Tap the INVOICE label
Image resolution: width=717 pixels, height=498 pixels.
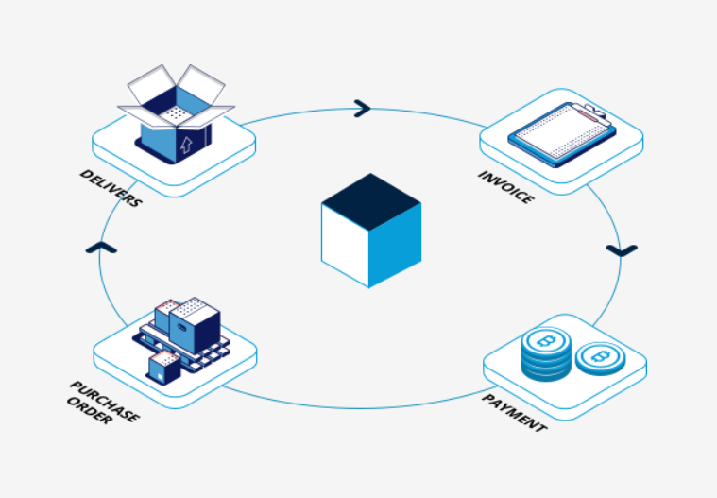(506, 187)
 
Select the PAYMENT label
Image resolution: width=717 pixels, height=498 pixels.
(514, 412)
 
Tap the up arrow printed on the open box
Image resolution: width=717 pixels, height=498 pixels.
(186, 143)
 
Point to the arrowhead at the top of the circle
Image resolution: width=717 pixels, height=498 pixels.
(362, 109)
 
